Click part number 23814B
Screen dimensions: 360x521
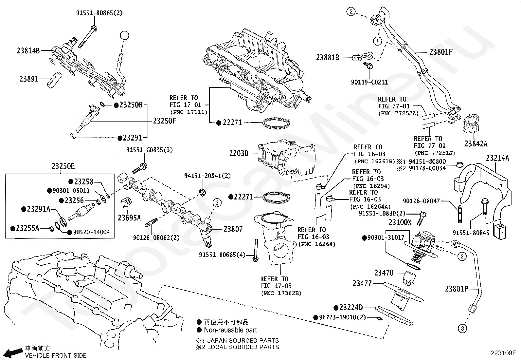(x=28, y=51)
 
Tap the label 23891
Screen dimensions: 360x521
(x=29, y=79)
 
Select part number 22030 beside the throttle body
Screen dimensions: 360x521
(x=239, y=153)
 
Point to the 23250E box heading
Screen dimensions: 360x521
(x=63, y=166)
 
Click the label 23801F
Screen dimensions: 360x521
(x=441, y=52)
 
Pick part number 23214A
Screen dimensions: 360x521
(x=497, y=158)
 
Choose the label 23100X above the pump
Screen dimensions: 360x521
(x=400, y=222)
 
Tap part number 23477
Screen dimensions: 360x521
(x=362, y=283)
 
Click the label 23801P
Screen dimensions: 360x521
(x=456, y=289)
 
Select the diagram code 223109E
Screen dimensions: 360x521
(x=503, y=353)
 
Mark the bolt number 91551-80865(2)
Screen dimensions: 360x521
(x=95, y=13)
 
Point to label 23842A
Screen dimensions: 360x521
(x=476, y=144)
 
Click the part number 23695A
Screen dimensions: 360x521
(x=129, y=217)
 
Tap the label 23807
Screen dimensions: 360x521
(x=233, y=229)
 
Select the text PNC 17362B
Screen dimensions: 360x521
(x=281, y=293)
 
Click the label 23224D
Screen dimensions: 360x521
(x=351, y=308)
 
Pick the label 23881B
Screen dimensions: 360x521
(x=328, y=58)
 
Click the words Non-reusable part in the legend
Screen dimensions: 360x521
(x=230, y=330)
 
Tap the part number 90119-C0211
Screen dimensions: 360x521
(x=369, y=83)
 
